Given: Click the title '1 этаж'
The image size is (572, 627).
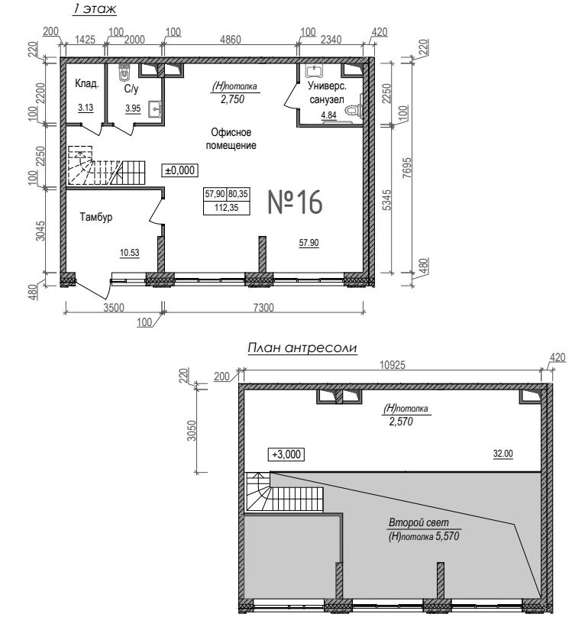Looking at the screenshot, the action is click(x=95, y=10).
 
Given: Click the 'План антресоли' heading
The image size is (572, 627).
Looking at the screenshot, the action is click(x=302, y=348).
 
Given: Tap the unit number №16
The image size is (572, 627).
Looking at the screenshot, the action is click(x=295, y=202).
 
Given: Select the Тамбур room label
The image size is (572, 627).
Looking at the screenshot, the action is click(x=96, y=217).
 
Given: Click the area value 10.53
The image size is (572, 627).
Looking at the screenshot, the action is click(x=130, y=253).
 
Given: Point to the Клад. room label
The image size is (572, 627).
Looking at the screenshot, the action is click(x=86, y=84).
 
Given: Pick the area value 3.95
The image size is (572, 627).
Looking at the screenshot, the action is click(x=133, y=108).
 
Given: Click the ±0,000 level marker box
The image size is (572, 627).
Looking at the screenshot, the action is click(x=179, y=170).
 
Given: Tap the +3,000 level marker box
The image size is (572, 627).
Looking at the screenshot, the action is click(x=286, y=454).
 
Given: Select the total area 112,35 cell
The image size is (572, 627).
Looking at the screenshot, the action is click(x=226, y=208).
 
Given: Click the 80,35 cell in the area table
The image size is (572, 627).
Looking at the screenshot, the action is click(x=238, y=194).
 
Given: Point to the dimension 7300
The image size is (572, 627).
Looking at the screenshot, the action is click(x=264, y=308).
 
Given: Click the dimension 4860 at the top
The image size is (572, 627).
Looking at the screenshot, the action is click(x=231, y=40).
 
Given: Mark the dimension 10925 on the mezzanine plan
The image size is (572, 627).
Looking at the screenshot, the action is click(x=393, y=365).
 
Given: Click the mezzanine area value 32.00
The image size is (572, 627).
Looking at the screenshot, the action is click(x=503, y=454).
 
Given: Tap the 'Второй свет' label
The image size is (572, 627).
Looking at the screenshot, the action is click(x=418, y=522).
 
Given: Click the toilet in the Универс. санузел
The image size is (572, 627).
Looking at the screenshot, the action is click(x=354, y=108).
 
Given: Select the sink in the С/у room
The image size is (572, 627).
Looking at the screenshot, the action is click(x=155, y=108).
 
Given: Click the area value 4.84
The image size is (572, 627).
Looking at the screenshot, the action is click(x=329, y=115).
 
